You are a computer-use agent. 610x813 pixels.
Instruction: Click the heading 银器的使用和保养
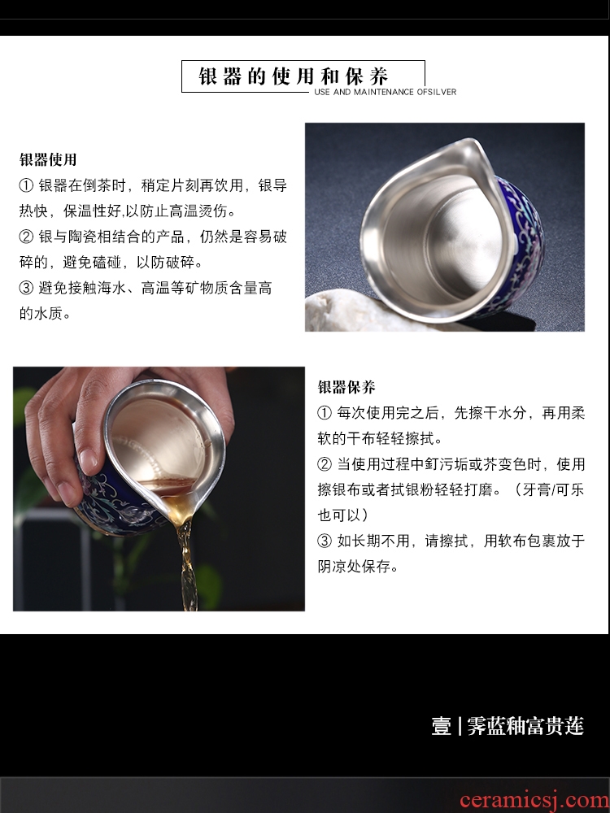[294, 76]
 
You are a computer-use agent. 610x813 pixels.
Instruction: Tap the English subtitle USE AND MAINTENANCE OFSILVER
[386, 92]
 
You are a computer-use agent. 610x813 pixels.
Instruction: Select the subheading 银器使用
[48, 159]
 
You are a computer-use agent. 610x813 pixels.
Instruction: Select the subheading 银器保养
[346, 387]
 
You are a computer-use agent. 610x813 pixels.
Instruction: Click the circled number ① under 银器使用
[26, 185]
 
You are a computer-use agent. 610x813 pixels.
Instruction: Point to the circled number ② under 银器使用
[26, 237]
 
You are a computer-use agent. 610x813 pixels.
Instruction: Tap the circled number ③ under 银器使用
[26, 288]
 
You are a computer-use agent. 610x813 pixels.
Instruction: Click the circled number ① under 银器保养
[325, 413]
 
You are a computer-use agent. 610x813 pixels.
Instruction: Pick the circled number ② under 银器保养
[325, 463]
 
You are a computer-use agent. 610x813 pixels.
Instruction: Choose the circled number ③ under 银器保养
[325, 541]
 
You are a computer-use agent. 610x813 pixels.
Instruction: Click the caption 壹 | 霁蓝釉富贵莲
[508, 726]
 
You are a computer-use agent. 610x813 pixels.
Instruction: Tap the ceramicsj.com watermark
[534, 800]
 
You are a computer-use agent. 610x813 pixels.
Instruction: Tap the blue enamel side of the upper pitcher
[521, 244]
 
